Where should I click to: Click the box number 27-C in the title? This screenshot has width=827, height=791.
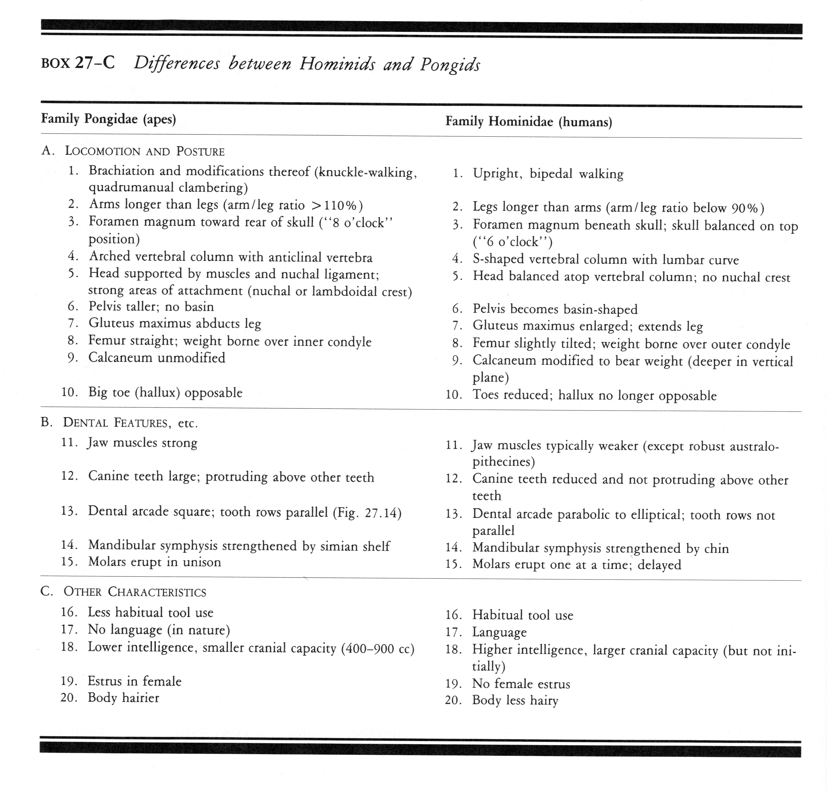(95, 63)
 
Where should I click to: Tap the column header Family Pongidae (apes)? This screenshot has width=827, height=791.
(108, 119)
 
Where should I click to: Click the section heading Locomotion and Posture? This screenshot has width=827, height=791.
(144, 151)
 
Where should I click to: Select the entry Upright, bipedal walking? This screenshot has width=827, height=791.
(548, 174)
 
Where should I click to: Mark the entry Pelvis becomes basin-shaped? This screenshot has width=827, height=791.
(555, 309)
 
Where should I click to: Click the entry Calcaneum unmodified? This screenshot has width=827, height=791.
(157, 358)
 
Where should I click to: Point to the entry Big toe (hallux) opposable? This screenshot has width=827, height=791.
(165, 393)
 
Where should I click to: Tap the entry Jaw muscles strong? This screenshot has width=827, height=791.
(142, 443)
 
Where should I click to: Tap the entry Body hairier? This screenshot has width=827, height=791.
(123, 698)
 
